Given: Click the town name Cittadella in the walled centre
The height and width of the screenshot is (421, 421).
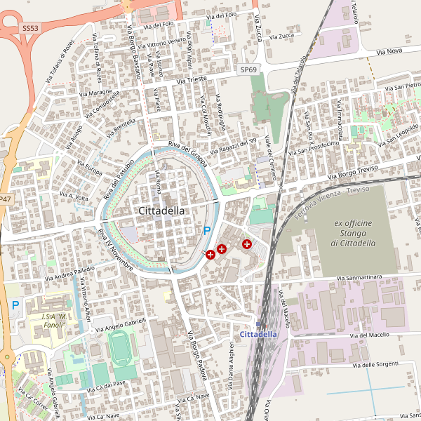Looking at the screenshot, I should click(x=162, y=210).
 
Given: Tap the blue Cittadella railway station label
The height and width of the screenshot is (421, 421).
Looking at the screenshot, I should click(x=259, y=334).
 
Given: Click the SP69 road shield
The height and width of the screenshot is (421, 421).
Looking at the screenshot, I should click(x=248, y=70).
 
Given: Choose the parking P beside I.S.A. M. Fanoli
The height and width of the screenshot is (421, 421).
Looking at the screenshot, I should click(x=15, y=306).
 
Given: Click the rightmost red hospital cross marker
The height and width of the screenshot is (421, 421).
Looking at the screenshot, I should click(x=247, y=243).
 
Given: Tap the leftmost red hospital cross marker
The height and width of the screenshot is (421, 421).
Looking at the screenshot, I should click(x=210, y=255).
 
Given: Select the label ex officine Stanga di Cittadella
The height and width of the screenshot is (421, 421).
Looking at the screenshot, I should click(x=353, y=233).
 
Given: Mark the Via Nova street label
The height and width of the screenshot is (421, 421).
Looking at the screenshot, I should click(x=389, y=51).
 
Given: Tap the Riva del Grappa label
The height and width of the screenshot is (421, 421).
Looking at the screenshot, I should click(x=186, y=152).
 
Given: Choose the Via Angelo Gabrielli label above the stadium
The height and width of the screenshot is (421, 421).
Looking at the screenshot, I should click(x=121, y=323).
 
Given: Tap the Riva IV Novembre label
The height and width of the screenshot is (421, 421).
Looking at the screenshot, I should click(x=115, y=250).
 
